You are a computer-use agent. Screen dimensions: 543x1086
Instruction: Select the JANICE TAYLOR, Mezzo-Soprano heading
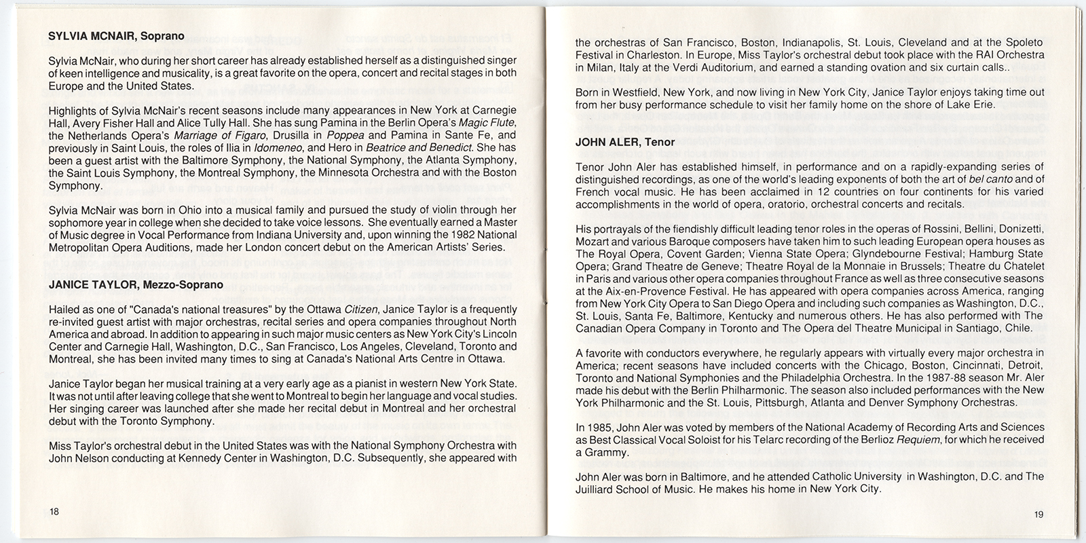point(136,285)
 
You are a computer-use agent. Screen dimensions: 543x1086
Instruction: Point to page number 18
point(54,512)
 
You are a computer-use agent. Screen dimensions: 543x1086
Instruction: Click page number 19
point(1039,514)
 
